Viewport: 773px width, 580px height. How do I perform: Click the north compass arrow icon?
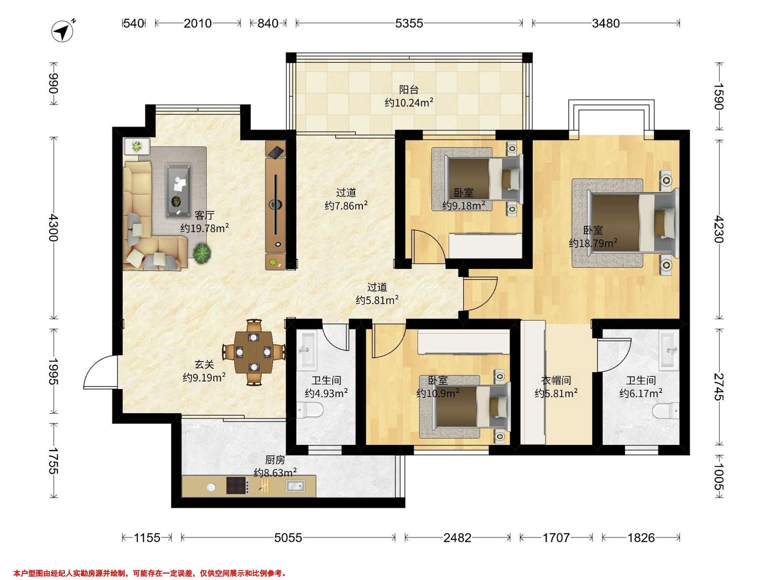point(63,32)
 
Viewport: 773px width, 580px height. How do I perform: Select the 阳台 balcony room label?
point(409,90)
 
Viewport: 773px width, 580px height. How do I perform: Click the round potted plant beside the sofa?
point(202,253)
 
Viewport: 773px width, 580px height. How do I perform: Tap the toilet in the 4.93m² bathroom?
point(310,410)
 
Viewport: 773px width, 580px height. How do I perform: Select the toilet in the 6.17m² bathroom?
point(666,411)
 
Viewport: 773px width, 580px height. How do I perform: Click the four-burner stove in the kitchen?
point(238,486)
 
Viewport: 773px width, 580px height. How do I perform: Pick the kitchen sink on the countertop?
point(295,486)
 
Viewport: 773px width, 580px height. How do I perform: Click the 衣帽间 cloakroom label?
point(556,380)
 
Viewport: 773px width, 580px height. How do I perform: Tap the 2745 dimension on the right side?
point(719,386)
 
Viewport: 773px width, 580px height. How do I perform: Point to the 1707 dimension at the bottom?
point(556,537)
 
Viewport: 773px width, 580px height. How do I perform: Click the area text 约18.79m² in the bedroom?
point(593,243)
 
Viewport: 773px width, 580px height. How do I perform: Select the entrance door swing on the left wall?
point(101,372)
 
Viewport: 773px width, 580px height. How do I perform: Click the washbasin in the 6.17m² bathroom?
point(669,351)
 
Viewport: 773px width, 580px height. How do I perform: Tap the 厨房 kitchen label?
point(275,460)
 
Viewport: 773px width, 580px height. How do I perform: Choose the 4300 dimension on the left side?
point(53,227)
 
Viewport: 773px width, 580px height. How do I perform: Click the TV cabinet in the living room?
point(276,205)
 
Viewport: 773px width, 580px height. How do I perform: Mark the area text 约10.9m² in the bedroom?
point(438,393)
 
